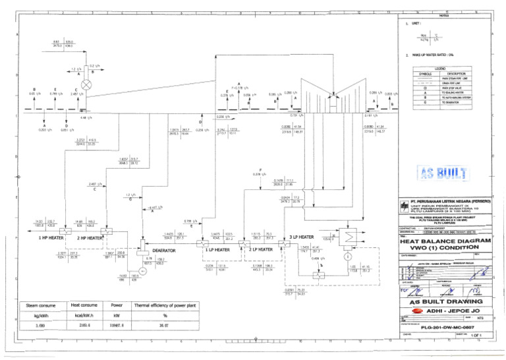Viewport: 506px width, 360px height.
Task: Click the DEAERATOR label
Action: [x=164, y=251]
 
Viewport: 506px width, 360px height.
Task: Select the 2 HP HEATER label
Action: [x=90, y=238]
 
